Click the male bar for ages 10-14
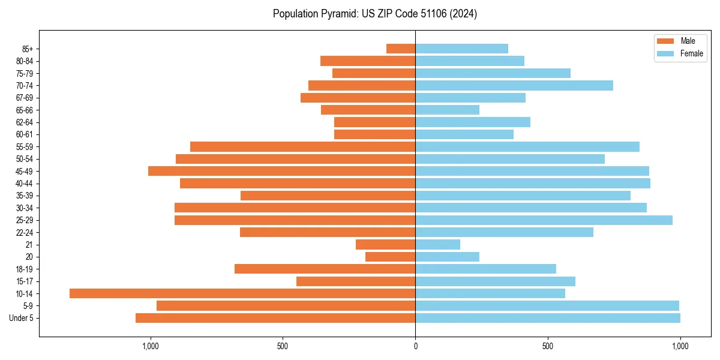tap(242, 293)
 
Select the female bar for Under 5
tap(548, 318)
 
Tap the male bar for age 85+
tap(401, 49)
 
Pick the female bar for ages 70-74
tap(514, 85)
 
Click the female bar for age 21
tap(437, 244)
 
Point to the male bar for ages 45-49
tap(281, 171)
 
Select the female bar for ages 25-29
tap(544, 220)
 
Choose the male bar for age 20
tap(390, 257)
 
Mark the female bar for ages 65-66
tap(447, 110)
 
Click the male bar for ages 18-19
tap(325, 269)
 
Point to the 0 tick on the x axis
tap(415, 346)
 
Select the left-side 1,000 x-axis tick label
tap(150, 346)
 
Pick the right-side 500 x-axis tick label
tap(548, 346)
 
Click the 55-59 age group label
tap(25, 147)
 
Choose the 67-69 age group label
tap(25, 98)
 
